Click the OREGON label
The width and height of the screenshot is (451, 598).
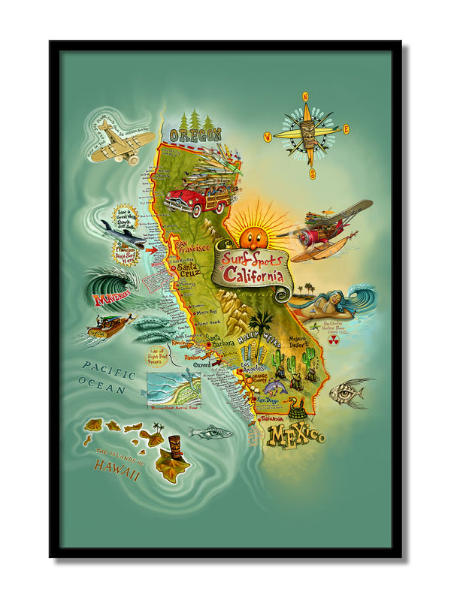tap(195, 135)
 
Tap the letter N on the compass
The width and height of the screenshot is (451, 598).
tap(305, 96)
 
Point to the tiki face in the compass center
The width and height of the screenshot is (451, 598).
tap(307, 135)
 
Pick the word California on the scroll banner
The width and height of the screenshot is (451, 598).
tap(253, 271)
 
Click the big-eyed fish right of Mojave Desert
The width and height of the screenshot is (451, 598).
tap(350, 391)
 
